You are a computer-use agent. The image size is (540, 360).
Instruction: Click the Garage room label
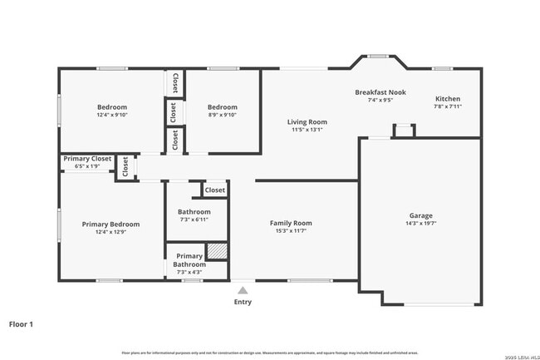420,215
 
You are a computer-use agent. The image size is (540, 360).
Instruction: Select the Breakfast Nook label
380,92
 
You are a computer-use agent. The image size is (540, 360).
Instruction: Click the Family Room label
290,223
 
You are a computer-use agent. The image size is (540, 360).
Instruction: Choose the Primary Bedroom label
110,224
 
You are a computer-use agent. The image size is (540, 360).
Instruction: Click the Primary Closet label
87,158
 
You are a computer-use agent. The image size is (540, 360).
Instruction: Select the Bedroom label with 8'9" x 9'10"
222,107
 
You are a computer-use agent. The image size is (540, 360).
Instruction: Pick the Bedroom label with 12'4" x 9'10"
112,107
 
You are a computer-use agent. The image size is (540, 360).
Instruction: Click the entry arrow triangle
243,290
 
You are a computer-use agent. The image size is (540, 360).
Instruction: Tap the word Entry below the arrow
243,302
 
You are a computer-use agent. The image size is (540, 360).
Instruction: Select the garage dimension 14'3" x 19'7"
420,224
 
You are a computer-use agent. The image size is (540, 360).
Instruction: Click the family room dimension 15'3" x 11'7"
290,231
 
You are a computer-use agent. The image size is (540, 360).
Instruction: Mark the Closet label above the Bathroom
214,190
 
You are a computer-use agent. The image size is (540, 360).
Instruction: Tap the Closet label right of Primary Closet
125,167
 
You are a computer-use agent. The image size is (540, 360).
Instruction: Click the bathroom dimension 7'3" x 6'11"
194,219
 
